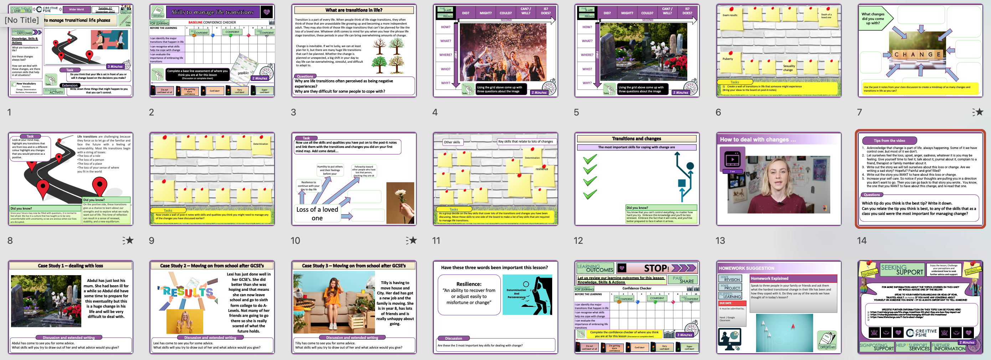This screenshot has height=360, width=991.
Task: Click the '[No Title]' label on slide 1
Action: [x=22, y=20]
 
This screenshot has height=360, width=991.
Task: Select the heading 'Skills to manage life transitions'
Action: [x=212, y=12]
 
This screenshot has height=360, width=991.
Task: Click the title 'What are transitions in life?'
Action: [x=354, y=10]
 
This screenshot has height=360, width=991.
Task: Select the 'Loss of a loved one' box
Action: [x=317, y=214]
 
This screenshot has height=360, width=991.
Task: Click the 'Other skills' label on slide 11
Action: [x=452, y=142]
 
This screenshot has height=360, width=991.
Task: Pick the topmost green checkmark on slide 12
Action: [x=590, y=159]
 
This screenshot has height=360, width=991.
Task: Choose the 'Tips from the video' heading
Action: [x=889, y=140]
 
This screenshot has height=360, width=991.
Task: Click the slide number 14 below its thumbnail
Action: [x=862, y=240]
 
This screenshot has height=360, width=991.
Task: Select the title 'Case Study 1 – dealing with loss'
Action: [x=70, y=266]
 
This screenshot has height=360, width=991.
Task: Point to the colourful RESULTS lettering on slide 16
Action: [x=188, y=292]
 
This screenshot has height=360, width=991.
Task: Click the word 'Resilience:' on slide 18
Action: [x=468, y=284]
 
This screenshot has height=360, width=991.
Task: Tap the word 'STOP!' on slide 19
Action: [x=656, y=268]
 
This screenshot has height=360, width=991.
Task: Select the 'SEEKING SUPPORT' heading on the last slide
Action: [x=902, y=269]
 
